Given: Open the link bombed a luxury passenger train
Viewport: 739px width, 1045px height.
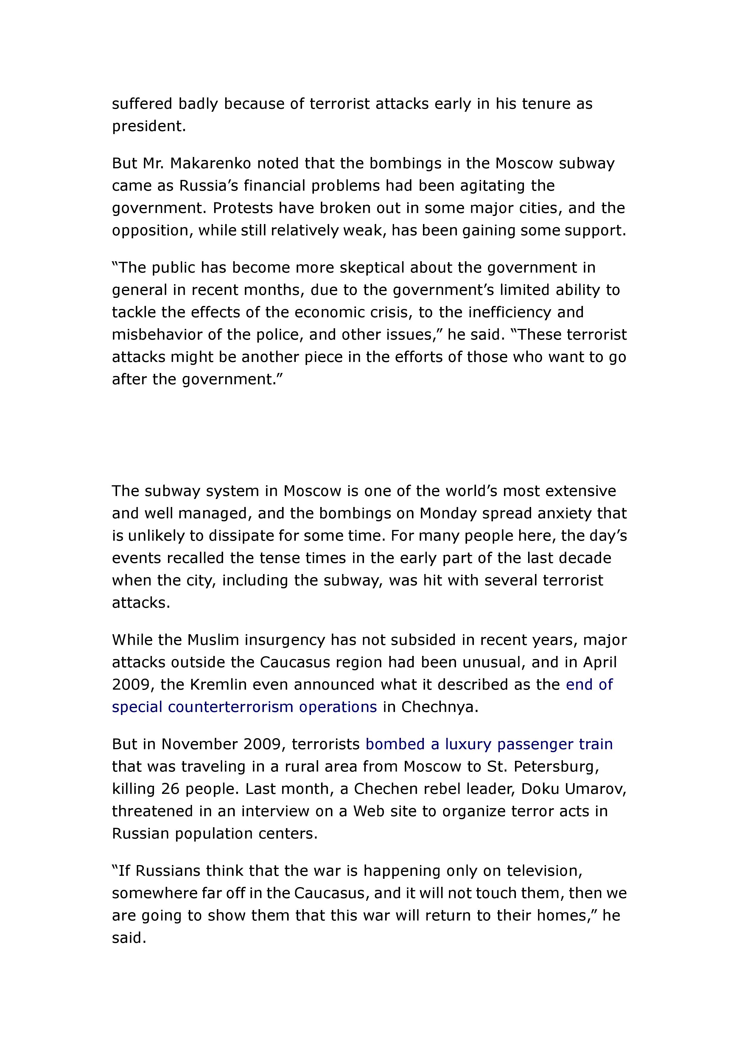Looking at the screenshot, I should (x=489, y=744).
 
